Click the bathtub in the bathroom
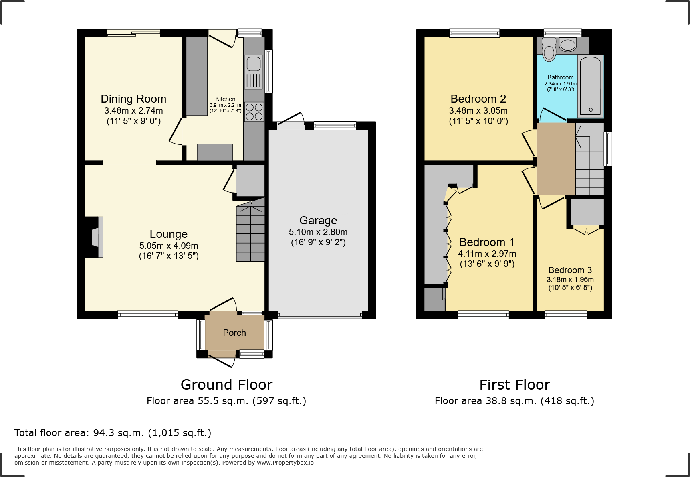coord(590,86)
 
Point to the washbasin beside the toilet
coord(567,45)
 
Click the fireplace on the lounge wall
coord(96,237)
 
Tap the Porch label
coord(234,333)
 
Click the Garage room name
coord(318,220)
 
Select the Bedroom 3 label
coord(570,270)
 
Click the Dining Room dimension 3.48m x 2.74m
coord(133,110)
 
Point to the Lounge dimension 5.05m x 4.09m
coord(169,246)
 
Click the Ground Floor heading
coord(226,384)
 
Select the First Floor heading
coord(514,384)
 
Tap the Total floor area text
coord(113,433)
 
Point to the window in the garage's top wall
coord(335,126)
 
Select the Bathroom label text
coord(560,77)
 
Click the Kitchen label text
coord(225,99)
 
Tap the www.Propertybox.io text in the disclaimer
coord(285,463)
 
